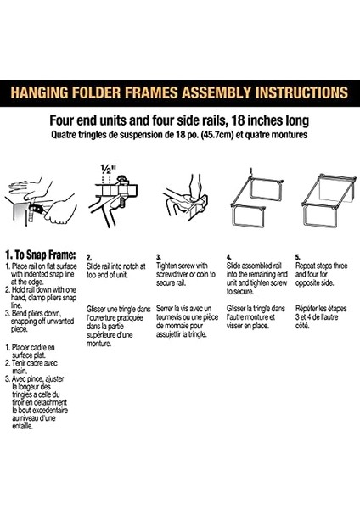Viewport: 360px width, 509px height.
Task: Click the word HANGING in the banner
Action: tap(40, 92)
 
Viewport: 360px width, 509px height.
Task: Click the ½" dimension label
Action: tap(108, 170)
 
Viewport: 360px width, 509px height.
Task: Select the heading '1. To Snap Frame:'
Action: tap(41, 255)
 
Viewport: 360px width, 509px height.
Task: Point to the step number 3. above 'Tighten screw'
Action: tap(159, 257)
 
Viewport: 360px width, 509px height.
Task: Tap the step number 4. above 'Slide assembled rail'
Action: tap(228, 257)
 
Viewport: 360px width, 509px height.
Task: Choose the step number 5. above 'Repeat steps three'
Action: tap(298, 257)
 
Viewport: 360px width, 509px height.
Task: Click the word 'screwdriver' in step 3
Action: tap(172, 275)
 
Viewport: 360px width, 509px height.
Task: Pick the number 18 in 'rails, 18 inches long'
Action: tap(238, 120)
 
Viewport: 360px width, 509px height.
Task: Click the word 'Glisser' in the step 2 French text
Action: tap(97, 309)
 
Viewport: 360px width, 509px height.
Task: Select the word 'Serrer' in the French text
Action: tap(165, 309)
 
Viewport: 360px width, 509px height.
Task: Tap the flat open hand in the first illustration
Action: tap(28, 187)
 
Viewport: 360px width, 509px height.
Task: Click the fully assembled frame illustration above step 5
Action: tap(329, 201)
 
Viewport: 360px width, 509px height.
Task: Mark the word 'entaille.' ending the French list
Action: tap(22, 427)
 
